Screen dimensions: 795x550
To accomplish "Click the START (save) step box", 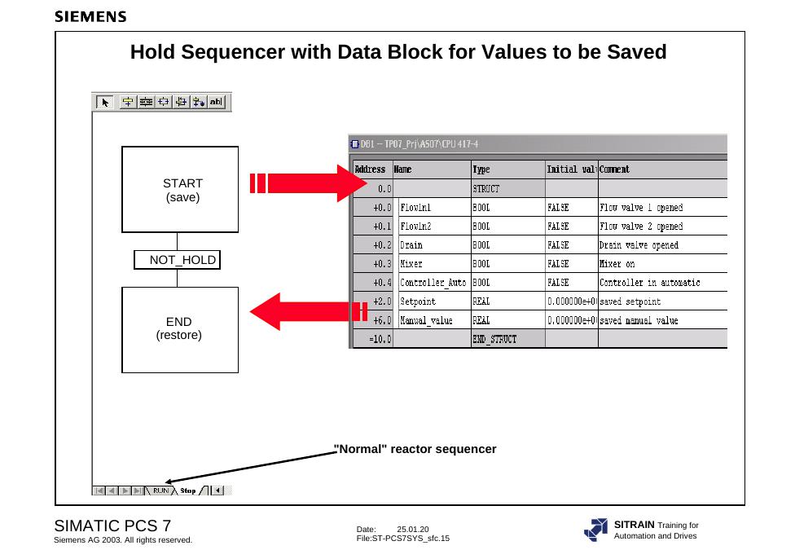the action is tap(180, 190).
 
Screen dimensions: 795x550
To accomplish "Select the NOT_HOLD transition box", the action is tap(177, 260).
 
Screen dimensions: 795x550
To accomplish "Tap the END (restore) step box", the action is tap(180, 330).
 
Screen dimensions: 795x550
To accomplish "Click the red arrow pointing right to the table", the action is tap(308, 183).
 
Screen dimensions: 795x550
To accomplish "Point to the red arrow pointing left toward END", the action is tap(308, 311).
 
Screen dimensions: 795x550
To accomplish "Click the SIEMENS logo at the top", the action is tap(90, 16).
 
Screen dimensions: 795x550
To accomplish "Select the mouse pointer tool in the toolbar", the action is tap(104, 102).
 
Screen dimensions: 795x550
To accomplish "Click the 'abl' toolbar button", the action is tap(216, 102).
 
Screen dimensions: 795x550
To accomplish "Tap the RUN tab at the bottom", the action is tap(160, 491).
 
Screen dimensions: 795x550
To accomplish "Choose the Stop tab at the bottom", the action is tap(187, 491).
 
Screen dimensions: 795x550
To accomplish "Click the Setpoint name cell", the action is tap(434, 301).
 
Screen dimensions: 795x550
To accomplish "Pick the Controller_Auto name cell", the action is tap(434, 283).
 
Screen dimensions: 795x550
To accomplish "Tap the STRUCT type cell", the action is tap(508, 189).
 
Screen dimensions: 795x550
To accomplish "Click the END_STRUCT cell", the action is tap(508, 339).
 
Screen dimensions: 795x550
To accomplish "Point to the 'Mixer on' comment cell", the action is tap(663, 264).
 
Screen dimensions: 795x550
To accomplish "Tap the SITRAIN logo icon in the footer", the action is tap(595, 530).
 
